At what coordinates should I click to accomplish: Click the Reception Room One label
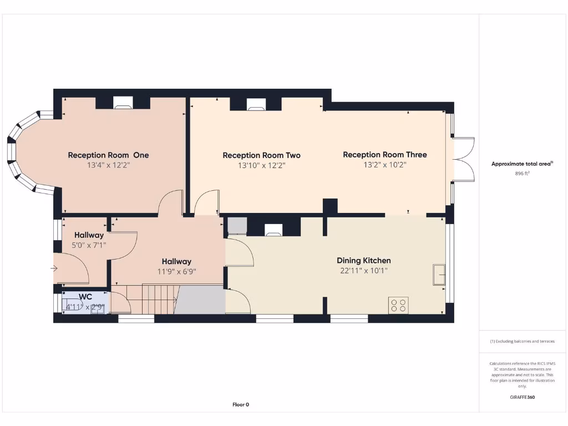point(108,155)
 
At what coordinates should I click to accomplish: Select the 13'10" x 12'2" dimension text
point(261,165)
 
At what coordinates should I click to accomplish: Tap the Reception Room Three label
point(385,154)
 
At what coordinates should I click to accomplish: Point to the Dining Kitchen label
point(364,260)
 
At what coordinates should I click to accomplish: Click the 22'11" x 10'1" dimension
point(364,271)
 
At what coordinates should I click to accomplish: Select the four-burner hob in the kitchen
point(399,305)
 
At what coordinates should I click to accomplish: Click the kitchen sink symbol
point(439,275)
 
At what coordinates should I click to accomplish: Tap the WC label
point(85,297)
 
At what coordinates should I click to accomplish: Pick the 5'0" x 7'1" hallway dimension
point(89,245)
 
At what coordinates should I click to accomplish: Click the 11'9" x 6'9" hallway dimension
point(176,271)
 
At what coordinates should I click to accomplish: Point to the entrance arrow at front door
point(54,269)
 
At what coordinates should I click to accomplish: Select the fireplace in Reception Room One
point(123,102)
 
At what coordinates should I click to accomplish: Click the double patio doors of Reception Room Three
point(464,159)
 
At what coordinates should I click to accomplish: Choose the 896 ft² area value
point(523,174)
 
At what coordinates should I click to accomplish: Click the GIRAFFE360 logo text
point(523,397)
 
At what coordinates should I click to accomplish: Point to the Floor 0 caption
point(241,404)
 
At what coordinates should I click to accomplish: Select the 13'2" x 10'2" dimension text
point(385,165)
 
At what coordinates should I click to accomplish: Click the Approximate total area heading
point(522,164)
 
